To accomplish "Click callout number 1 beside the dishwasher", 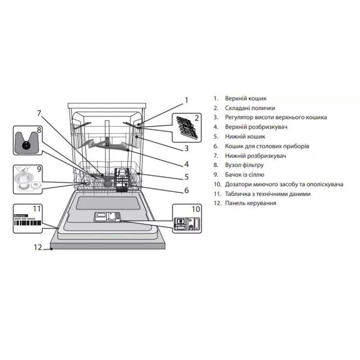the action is point(186,100).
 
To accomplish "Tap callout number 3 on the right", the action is point(186,148).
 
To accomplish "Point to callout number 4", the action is point(186,164).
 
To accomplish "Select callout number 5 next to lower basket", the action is point(186,177).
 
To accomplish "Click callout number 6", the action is point(186,190).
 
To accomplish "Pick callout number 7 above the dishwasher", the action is point(39,113).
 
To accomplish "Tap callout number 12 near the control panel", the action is point(38,247).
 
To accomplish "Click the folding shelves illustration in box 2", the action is point(187,128).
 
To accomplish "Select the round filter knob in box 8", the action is point(26,145).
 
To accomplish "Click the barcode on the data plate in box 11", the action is point(27,223).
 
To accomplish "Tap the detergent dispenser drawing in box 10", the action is point(187,224).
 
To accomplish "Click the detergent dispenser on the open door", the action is point(108,217).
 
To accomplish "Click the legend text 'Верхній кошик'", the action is point(246,99).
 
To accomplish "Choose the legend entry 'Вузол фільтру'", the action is point(244,165).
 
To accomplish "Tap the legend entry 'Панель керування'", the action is point(251,203).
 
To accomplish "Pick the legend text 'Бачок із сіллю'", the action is point(244,175).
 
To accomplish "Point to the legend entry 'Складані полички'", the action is point(250,108).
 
